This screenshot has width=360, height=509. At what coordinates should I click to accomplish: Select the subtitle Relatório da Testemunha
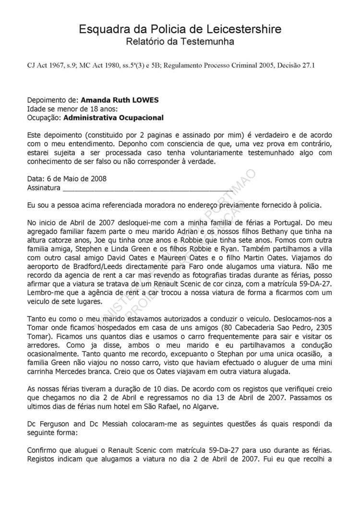tap(180, 42)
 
